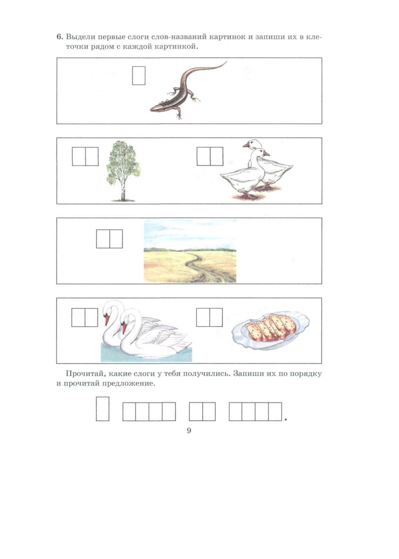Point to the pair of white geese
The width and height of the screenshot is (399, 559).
pos(256,169)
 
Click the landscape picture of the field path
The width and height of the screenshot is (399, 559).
pos(190,251)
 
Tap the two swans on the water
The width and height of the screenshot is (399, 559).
pos(146,331)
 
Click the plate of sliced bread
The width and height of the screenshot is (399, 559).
pos(270,331)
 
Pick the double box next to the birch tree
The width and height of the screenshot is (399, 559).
pos(85,156)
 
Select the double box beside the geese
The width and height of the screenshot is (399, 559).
pos(210,156)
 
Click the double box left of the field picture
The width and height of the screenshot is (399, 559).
pos(109,239)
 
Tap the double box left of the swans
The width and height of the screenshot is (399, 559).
pos(85,317)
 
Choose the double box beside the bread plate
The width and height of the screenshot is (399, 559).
pos(209,317)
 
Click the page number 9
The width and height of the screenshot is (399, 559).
pos(189,431)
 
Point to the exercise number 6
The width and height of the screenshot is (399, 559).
pos(59,37)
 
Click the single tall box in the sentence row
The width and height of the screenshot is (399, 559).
pos(103,409)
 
